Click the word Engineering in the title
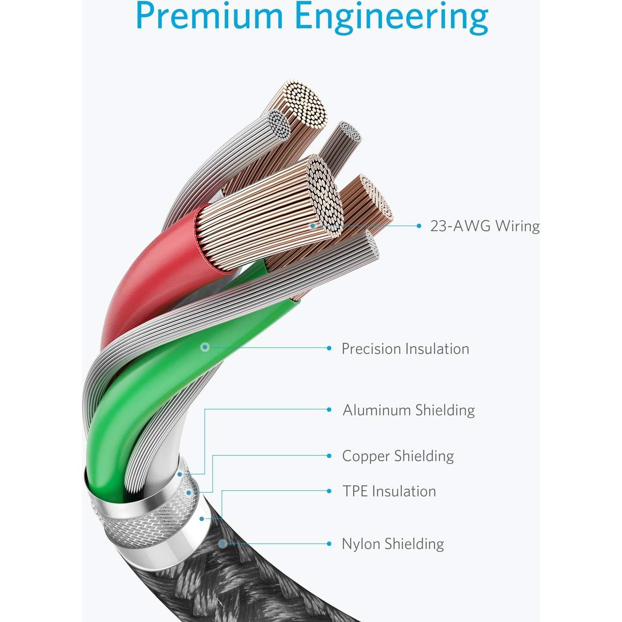[x=391, y=18]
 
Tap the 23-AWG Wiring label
[x=485, y=226]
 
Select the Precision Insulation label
[x=405, y=349]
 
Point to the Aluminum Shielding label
[x=409, y=410]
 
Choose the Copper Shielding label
[x=398, y=456]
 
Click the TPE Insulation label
[x=389, y=491]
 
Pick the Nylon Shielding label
[x=393, y=544]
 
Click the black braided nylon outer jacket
[x=247, y=581]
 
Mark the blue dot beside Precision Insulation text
[x=329, y=348]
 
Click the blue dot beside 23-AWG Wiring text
[x=419, y=226]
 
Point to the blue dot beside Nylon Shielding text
[x=329, y=544]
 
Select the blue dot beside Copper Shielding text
[x=329, y=455]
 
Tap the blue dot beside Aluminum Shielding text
[x=329, y=410]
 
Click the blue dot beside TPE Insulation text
[x=329, y=491]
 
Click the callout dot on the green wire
[x=204, y=347]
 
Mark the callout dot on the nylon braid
[x=223, y=544]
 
